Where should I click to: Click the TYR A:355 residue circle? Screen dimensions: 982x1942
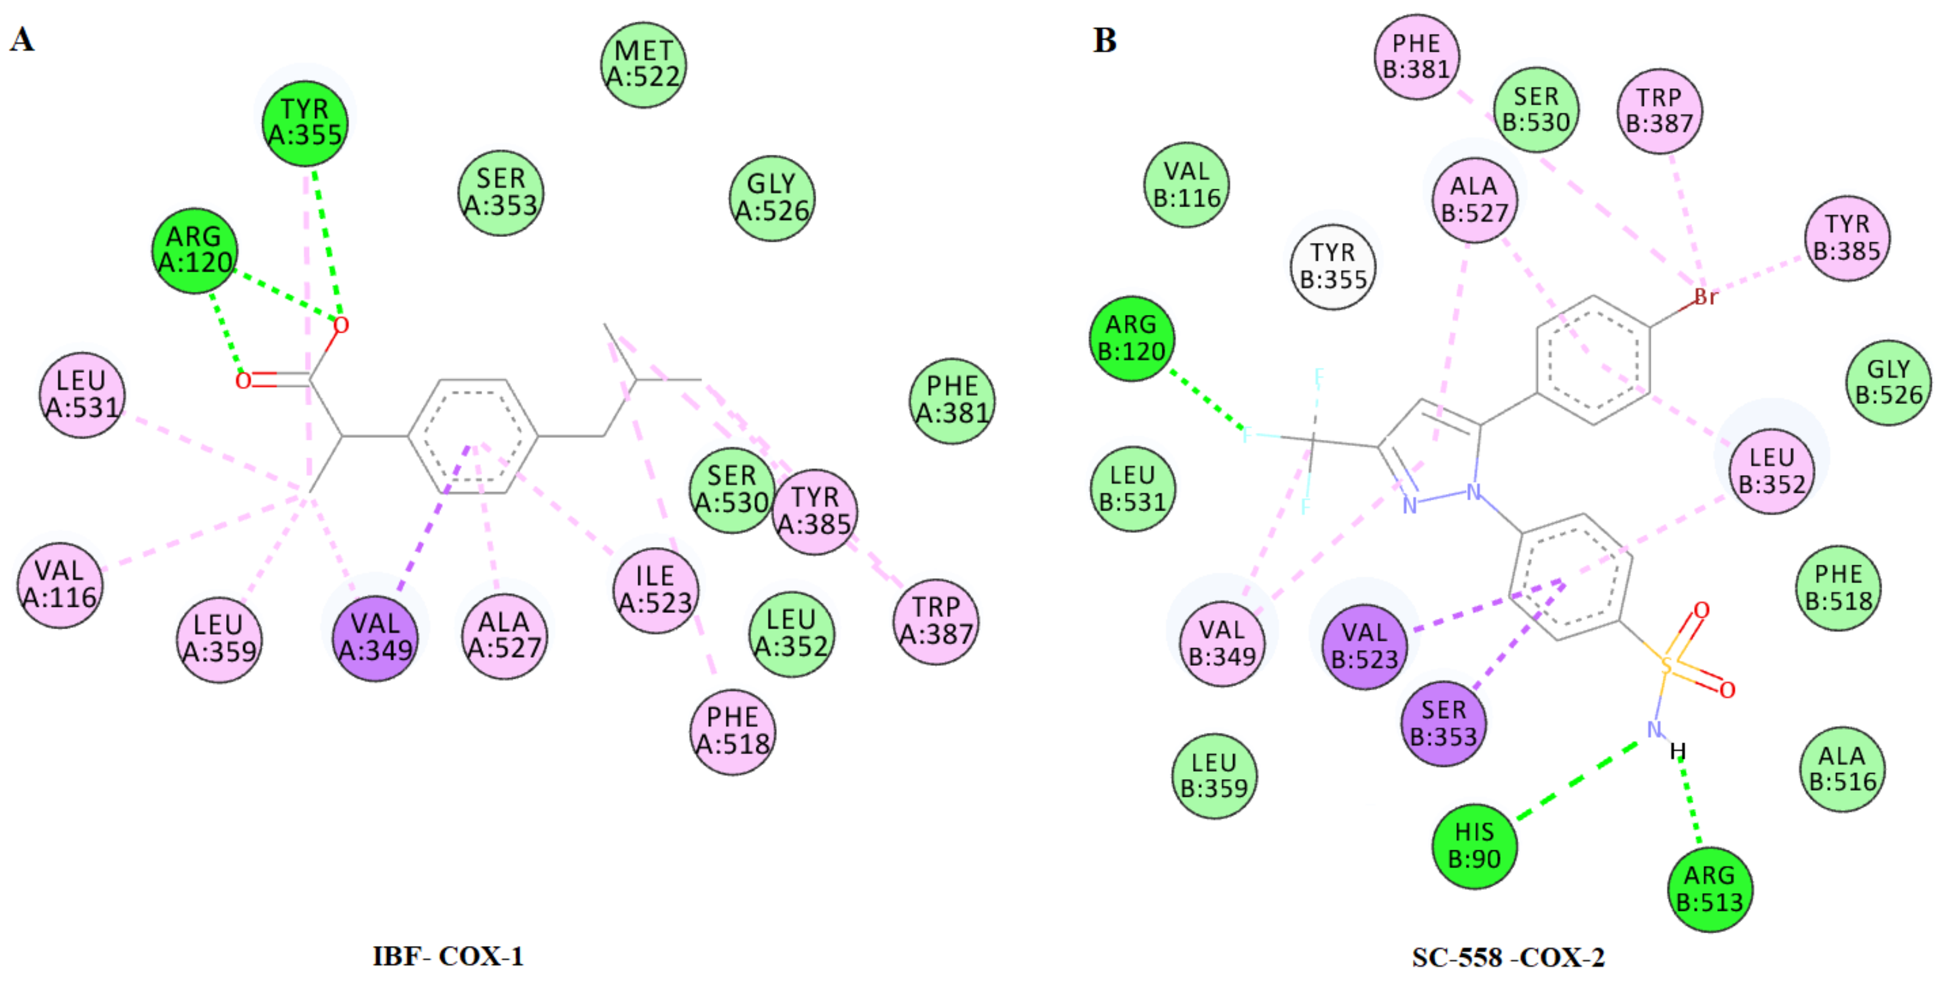(x=305, y=123)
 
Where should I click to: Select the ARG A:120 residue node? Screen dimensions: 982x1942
(x=194, y=250)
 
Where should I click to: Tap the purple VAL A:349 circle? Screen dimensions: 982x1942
(x=375, y=638)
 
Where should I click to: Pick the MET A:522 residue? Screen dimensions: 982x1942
(x=643, y=64)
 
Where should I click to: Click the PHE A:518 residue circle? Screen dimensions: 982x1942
(x=733, y=731)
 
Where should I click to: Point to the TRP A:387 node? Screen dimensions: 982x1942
(x=936, y=621)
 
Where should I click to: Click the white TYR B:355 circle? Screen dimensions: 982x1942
(x=1333, y=266)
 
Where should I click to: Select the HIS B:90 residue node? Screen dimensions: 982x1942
(x=1474, y=846)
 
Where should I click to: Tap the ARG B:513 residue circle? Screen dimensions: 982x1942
(x=1710, y=889)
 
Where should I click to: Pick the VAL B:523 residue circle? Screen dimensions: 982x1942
(x=1365, y=646)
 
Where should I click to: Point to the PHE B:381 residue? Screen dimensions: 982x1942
(x=1417, y=57)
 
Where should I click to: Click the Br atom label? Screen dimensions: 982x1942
(x=1705, y=297)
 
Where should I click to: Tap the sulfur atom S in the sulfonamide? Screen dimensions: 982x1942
(x=1667, y=665)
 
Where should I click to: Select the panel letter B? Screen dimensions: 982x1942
(x=1104, y=40)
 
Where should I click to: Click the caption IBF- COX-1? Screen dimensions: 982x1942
(x=448, y=956)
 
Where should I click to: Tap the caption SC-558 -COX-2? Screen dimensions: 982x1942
(x=1508, y=957)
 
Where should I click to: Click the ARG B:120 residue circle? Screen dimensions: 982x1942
(x=1131, y=338)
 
